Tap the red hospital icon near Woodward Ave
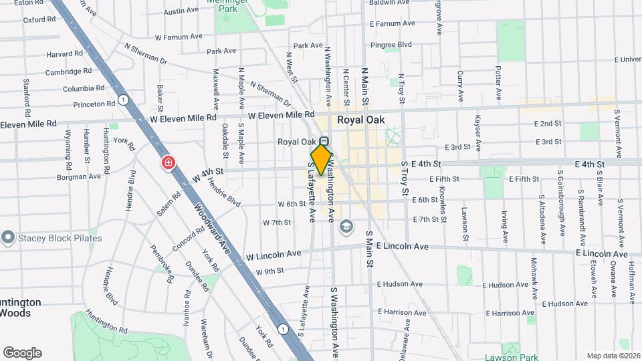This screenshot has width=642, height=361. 168,163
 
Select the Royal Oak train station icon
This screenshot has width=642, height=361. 324,142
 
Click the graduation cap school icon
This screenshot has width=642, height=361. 345,227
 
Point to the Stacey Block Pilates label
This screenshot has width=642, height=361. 60,238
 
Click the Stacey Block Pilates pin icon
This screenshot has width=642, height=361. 8,238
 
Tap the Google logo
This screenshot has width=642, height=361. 22,353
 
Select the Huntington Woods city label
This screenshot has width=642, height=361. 20,308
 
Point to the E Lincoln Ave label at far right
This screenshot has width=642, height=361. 602,254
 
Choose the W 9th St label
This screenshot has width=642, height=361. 270,271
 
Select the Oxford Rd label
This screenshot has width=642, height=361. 38,20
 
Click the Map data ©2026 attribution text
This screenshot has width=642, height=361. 613,356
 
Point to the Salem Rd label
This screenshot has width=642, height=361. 169,205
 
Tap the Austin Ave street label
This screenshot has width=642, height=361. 181,11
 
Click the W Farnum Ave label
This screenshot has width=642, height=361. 179,37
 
